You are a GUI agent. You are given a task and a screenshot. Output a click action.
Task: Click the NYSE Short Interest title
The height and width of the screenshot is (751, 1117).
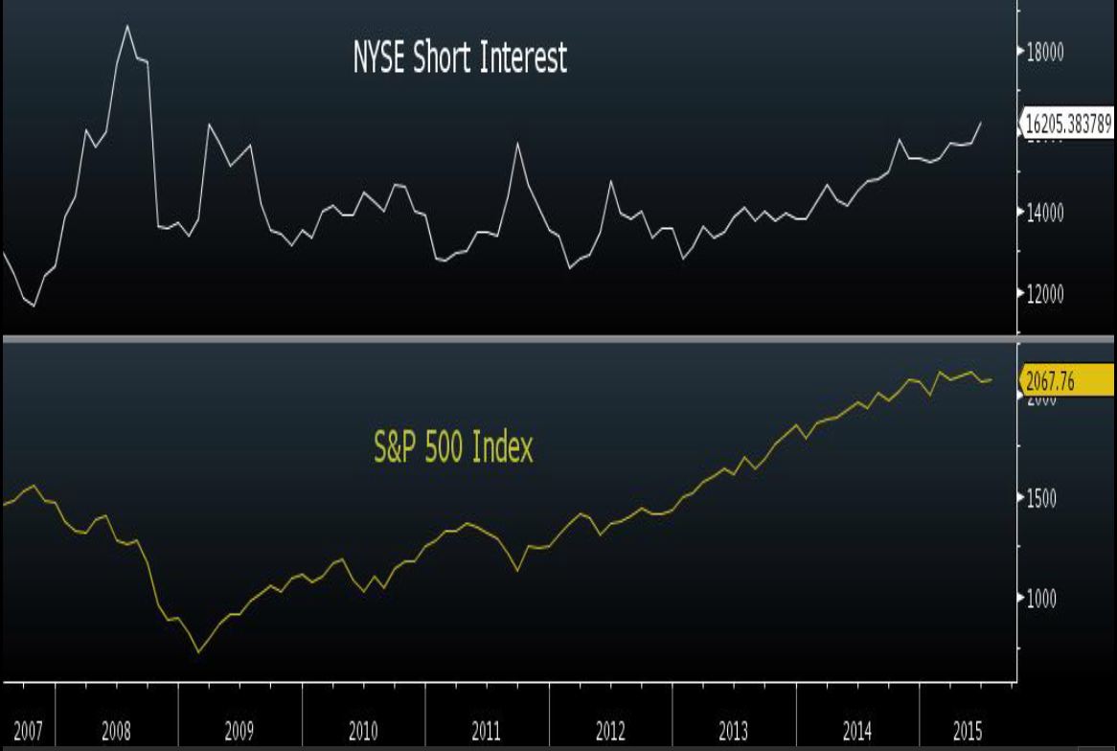460,58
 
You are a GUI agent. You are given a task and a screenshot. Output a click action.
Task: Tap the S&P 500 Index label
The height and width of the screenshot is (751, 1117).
452,447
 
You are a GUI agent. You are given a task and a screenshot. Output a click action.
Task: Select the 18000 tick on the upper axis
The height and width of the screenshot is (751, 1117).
1045,52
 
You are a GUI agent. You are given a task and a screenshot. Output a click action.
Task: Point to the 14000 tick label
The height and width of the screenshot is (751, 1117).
1045,213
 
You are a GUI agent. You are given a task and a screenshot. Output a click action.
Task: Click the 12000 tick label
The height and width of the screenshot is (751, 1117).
1045,294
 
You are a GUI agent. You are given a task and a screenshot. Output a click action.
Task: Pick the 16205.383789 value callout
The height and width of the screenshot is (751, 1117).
1067,125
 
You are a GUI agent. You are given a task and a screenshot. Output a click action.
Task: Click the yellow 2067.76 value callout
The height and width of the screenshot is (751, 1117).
1052,381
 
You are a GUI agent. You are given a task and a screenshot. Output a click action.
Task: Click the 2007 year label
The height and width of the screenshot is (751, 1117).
28,733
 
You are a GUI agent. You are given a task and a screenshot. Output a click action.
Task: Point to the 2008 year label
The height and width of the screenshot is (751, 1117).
116,733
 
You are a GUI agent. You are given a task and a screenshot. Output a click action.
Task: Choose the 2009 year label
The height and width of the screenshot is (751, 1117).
239,733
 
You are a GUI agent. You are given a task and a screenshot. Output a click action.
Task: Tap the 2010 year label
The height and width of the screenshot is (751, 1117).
363,733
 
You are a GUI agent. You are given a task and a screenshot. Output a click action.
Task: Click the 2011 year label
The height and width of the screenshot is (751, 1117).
487,733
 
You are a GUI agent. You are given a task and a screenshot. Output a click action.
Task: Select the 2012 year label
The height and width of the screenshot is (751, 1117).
610,733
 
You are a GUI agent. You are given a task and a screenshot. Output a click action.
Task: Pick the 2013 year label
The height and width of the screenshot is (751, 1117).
734,733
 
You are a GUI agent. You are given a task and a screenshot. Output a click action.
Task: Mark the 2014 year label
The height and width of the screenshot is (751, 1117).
857,733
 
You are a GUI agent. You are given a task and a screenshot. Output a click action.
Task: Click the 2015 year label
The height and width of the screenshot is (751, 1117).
968,733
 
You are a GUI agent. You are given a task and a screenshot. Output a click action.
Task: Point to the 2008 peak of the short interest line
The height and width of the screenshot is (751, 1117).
127,26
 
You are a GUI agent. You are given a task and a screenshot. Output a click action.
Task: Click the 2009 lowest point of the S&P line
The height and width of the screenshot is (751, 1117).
199,652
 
